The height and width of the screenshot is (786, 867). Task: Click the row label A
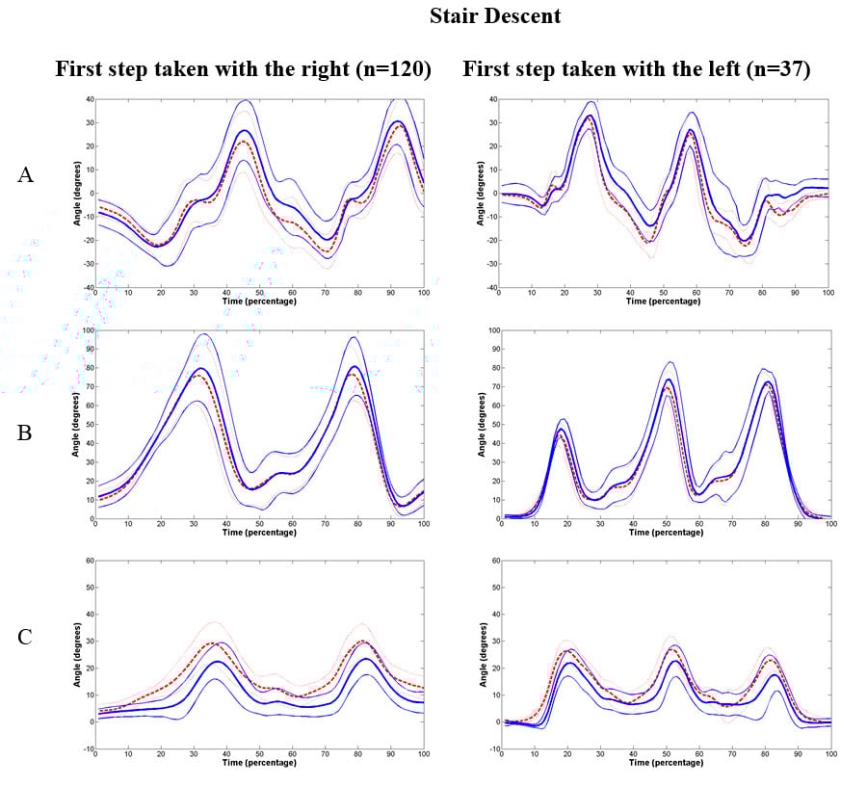pos(27,174)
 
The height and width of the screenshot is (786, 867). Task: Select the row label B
pos(26,432)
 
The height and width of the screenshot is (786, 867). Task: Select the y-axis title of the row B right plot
pos(482,425)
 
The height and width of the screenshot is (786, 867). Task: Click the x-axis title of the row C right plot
pos(666,762)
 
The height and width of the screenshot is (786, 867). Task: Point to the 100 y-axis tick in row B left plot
pos(86,330)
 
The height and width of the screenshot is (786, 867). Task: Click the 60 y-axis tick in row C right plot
pos(493,560)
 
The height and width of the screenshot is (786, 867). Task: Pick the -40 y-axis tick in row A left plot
pos(85,288)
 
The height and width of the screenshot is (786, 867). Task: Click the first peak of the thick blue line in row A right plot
pos(591,116)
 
